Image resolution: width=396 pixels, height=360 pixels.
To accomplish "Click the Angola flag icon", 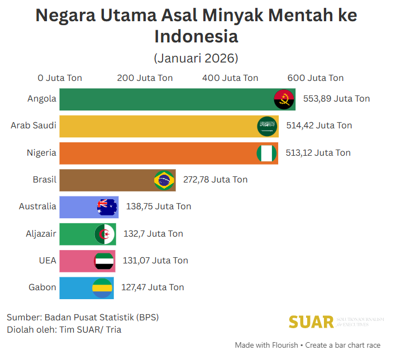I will click(284, 99).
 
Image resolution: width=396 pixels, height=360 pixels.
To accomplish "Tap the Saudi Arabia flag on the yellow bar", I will click(267, 126).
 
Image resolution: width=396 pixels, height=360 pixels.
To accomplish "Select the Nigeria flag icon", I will click(266, 153).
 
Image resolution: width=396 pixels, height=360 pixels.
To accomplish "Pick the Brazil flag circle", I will click(164, 180).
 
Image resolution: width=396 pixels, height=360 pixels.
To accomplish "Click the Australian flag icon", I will click(107, 207).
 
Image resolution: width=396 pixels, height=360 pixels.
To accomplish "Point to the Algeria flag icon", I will click(104, 234).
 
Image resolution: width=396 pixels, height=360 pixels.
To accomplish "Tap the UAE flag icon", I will click(104, 261).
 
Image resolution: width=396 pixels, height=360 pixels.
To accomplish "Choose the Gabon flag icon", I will click(102, 288).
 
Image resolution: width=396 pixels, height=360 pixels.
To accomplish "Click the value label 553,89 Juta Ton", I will click(336, 99).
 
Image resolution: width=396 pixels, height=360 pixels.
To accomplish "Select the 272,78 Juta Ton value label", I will click(215, 180).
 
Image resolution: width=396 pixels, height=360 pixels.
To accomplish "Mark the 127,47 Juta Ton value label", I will click(152, 287).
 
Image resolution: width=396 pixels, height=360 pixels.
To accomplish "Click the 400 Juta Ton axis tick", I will click(230, 78).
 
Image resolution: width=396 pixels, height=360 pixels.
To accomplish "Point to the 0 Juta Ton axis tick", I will click(60, 78).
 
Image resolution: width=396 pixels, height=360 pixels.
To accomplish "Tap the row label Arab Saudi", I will click(34, 126).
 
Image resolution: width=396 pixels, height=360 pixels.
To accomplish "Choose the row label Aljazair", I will click(41, 234).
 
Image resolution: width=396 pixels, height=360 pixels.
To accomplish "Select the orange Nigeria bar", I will click(156, 153).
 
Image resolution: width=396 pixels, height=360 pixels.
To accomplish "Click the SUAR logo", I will click(311, 322).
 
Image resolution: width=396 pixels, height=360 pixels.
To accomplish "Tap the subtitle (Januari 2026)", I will click(196, 58).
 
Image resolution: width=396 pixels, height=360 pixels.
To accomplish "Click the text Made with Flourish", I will click(266, 345).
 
